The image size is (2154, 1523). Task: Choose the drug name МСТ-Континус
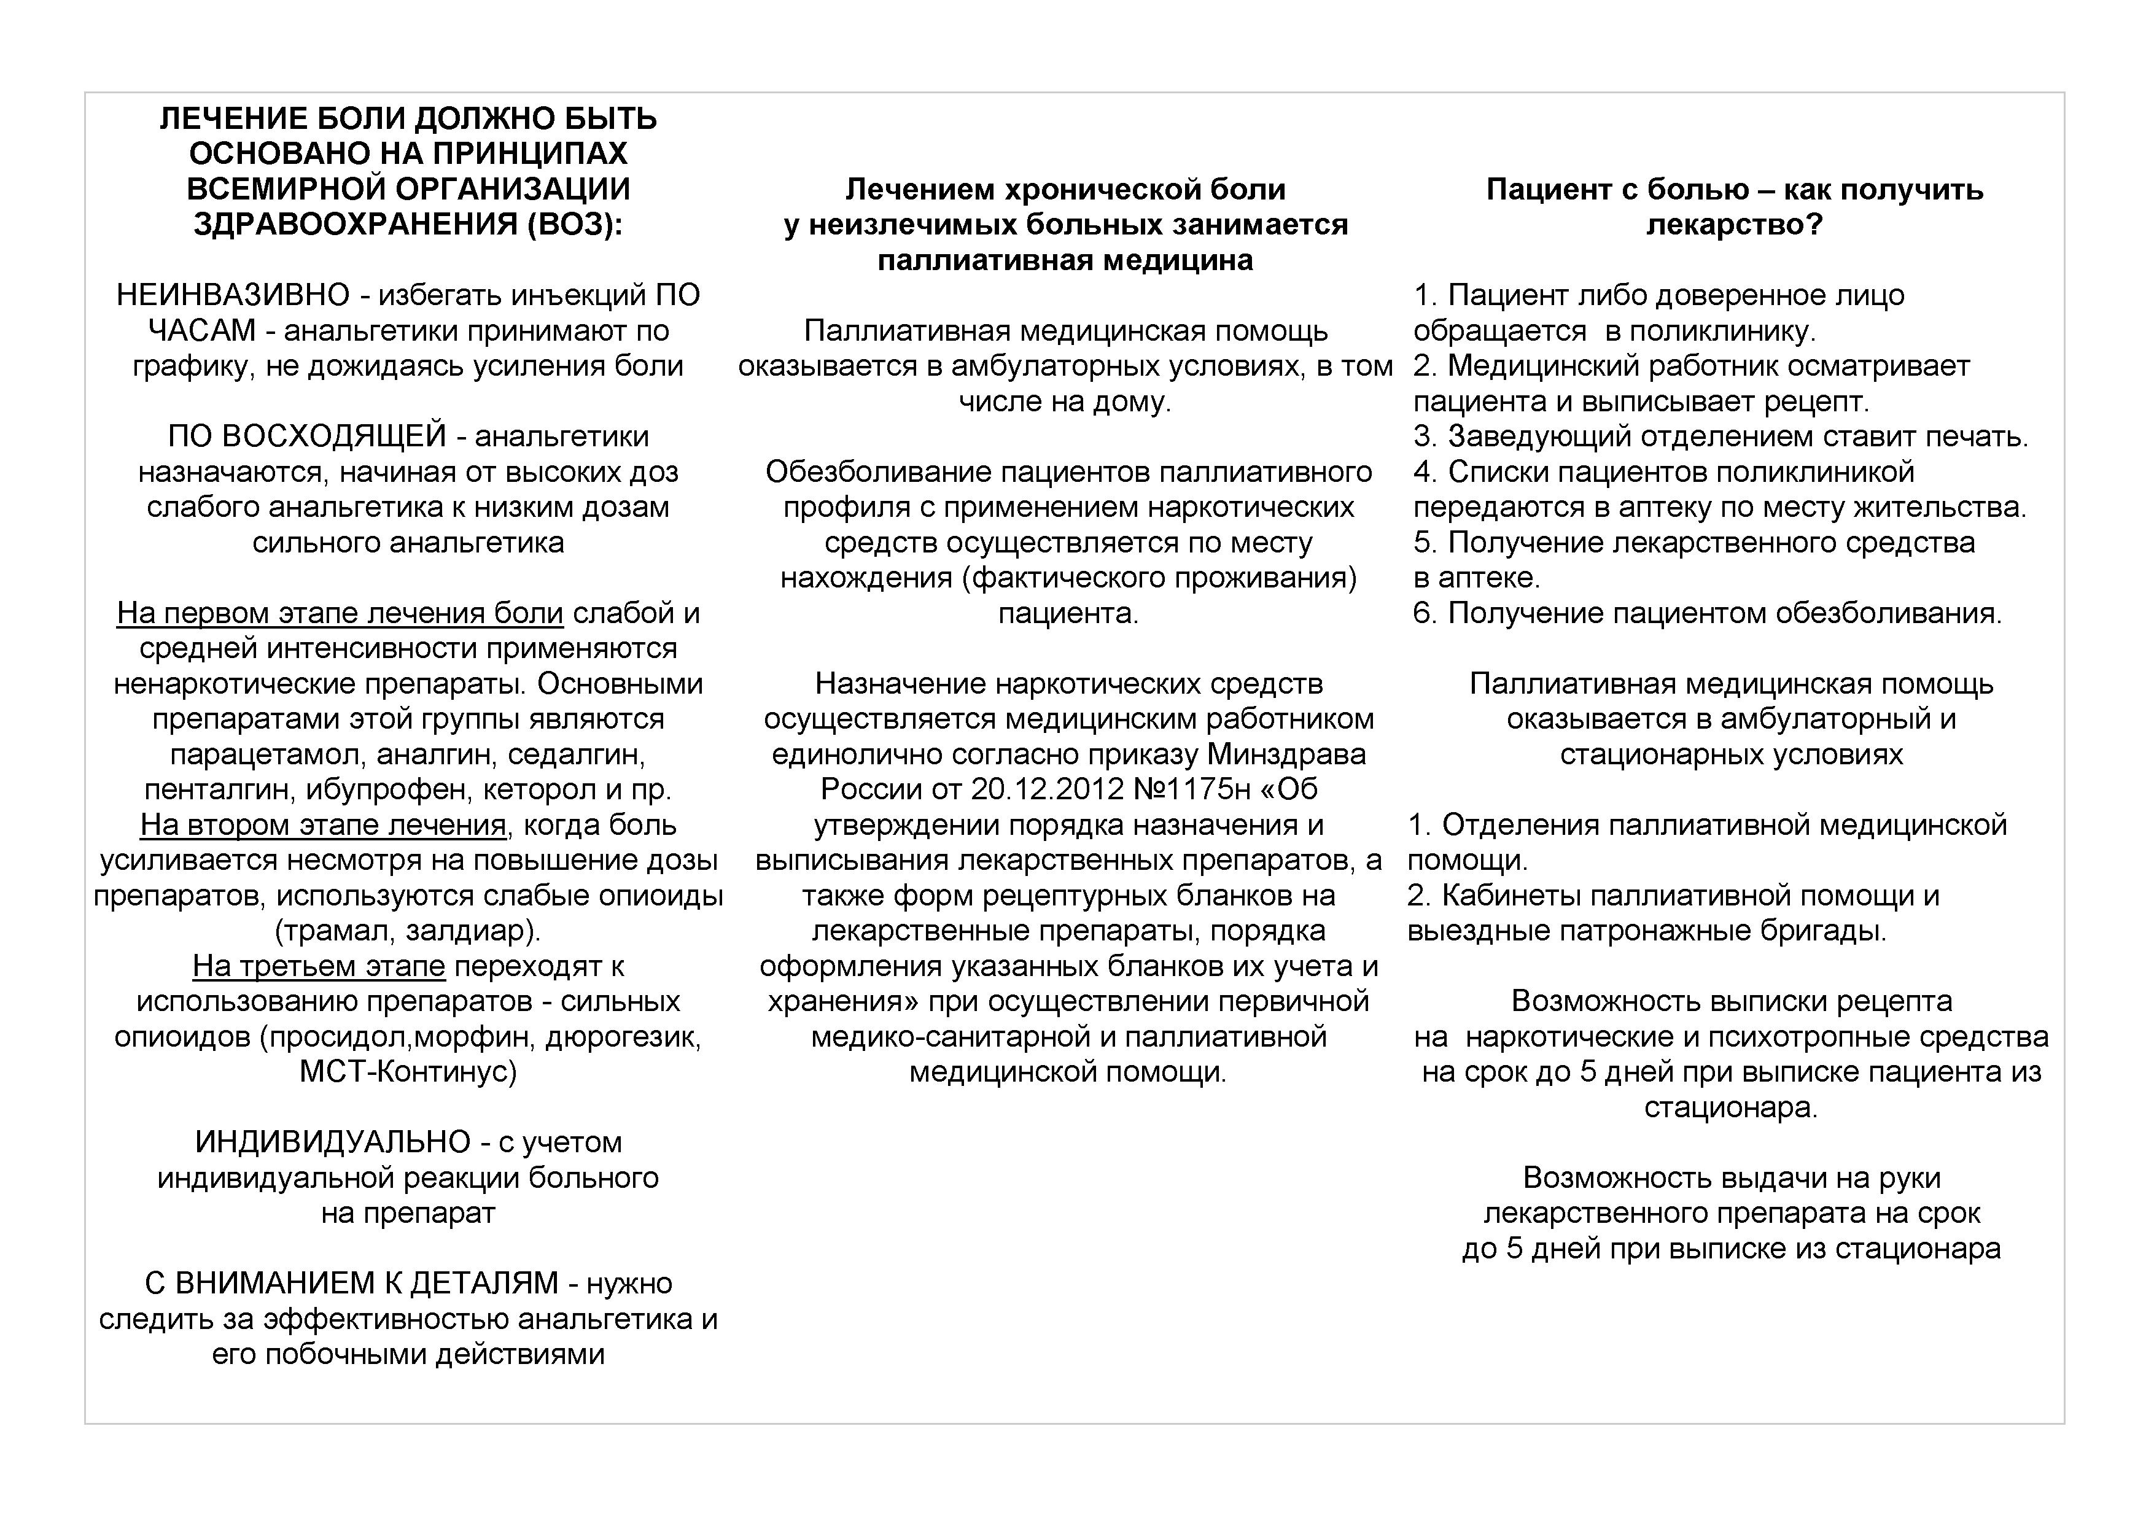(x=408, y=1072)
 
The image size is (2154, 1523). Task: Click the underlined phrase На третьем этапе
(x=319, y=966)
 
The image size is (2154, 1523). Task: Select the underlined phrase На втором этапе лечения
(x=324, y=825)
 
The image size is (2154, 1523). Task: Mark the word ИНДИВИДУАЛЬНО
(x=333, y=1142)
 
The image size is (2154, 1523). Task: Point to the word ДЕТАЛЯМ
(x=484, y=1284)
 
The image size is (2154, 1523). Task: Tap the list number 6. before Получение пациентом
(x=1424, y=613)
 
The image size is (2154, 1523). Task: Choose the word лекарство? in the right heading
(x=1734, y=225)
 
